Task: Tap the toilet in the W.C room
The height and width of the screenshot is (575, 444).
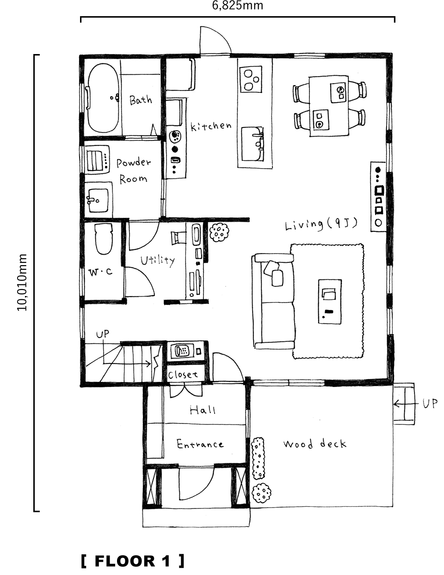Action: [104, 239]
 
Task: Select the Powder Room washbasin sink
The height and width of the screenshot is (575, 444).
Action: [99, 200]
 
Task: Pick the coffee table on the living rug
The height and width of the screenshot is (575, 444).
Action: [330, 301]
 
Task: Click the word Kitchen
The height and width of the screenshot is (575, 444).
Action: [211, 126]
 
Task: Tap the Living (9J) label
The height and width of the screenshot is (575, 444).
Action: [321, 224]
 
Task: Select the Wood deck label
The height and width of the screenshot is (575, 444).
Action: [314, 444]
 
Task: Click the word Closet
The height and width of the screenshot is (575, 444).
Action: [183, 375]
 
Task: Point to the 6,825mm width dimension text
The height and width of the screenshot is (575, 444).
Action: [238, 5]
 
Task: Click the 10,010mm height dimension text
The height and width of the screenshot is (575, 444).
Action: [22, 282]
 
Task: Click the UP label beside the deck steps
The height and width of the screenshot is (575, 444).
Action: [430, 404]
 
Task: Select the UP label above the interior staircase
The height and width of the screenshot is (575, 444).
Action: [103, 334]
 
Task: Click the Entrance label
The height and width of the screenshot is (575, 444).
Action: [200, 444]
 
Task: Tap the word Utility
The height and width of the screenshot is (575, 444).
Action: [158, 260]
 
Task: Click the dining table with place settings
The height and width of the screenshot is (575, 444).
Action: [329, 106]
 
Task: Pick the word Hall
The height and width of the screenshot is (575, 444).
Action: [203, 410]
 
